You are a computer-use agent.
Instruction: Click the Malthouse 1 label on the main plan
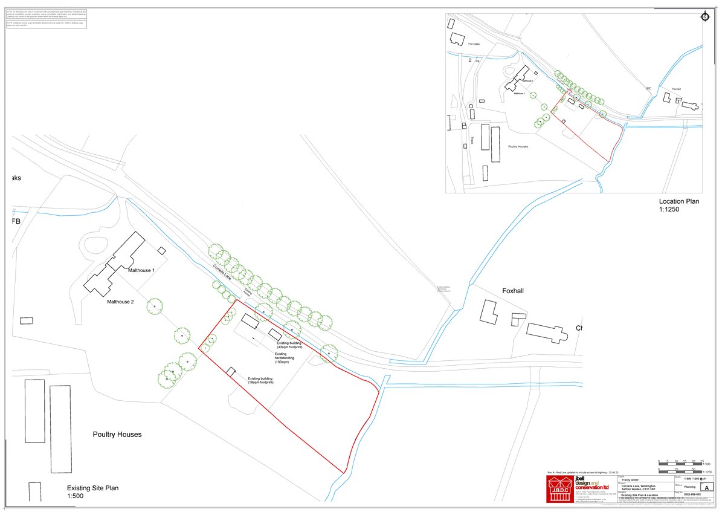[141, 270]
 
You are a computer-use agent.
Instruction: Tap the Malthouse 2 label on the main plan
[121, 301]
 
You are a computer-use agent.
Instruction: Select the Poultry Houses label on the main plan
[117, 435]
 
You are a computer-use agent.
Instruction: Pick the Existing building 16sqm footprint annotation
[260, 381]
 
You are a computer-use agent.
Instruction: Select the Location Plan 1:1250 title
[679, 205]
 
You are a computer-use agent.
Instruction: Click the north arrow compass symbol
[704, 17]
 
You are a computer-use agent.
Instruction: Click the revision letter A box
[707, 487]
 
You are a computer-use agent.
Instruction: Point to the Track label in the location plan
[471, 140]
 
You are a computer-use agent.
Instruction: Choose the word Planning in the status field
[690, 485]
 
